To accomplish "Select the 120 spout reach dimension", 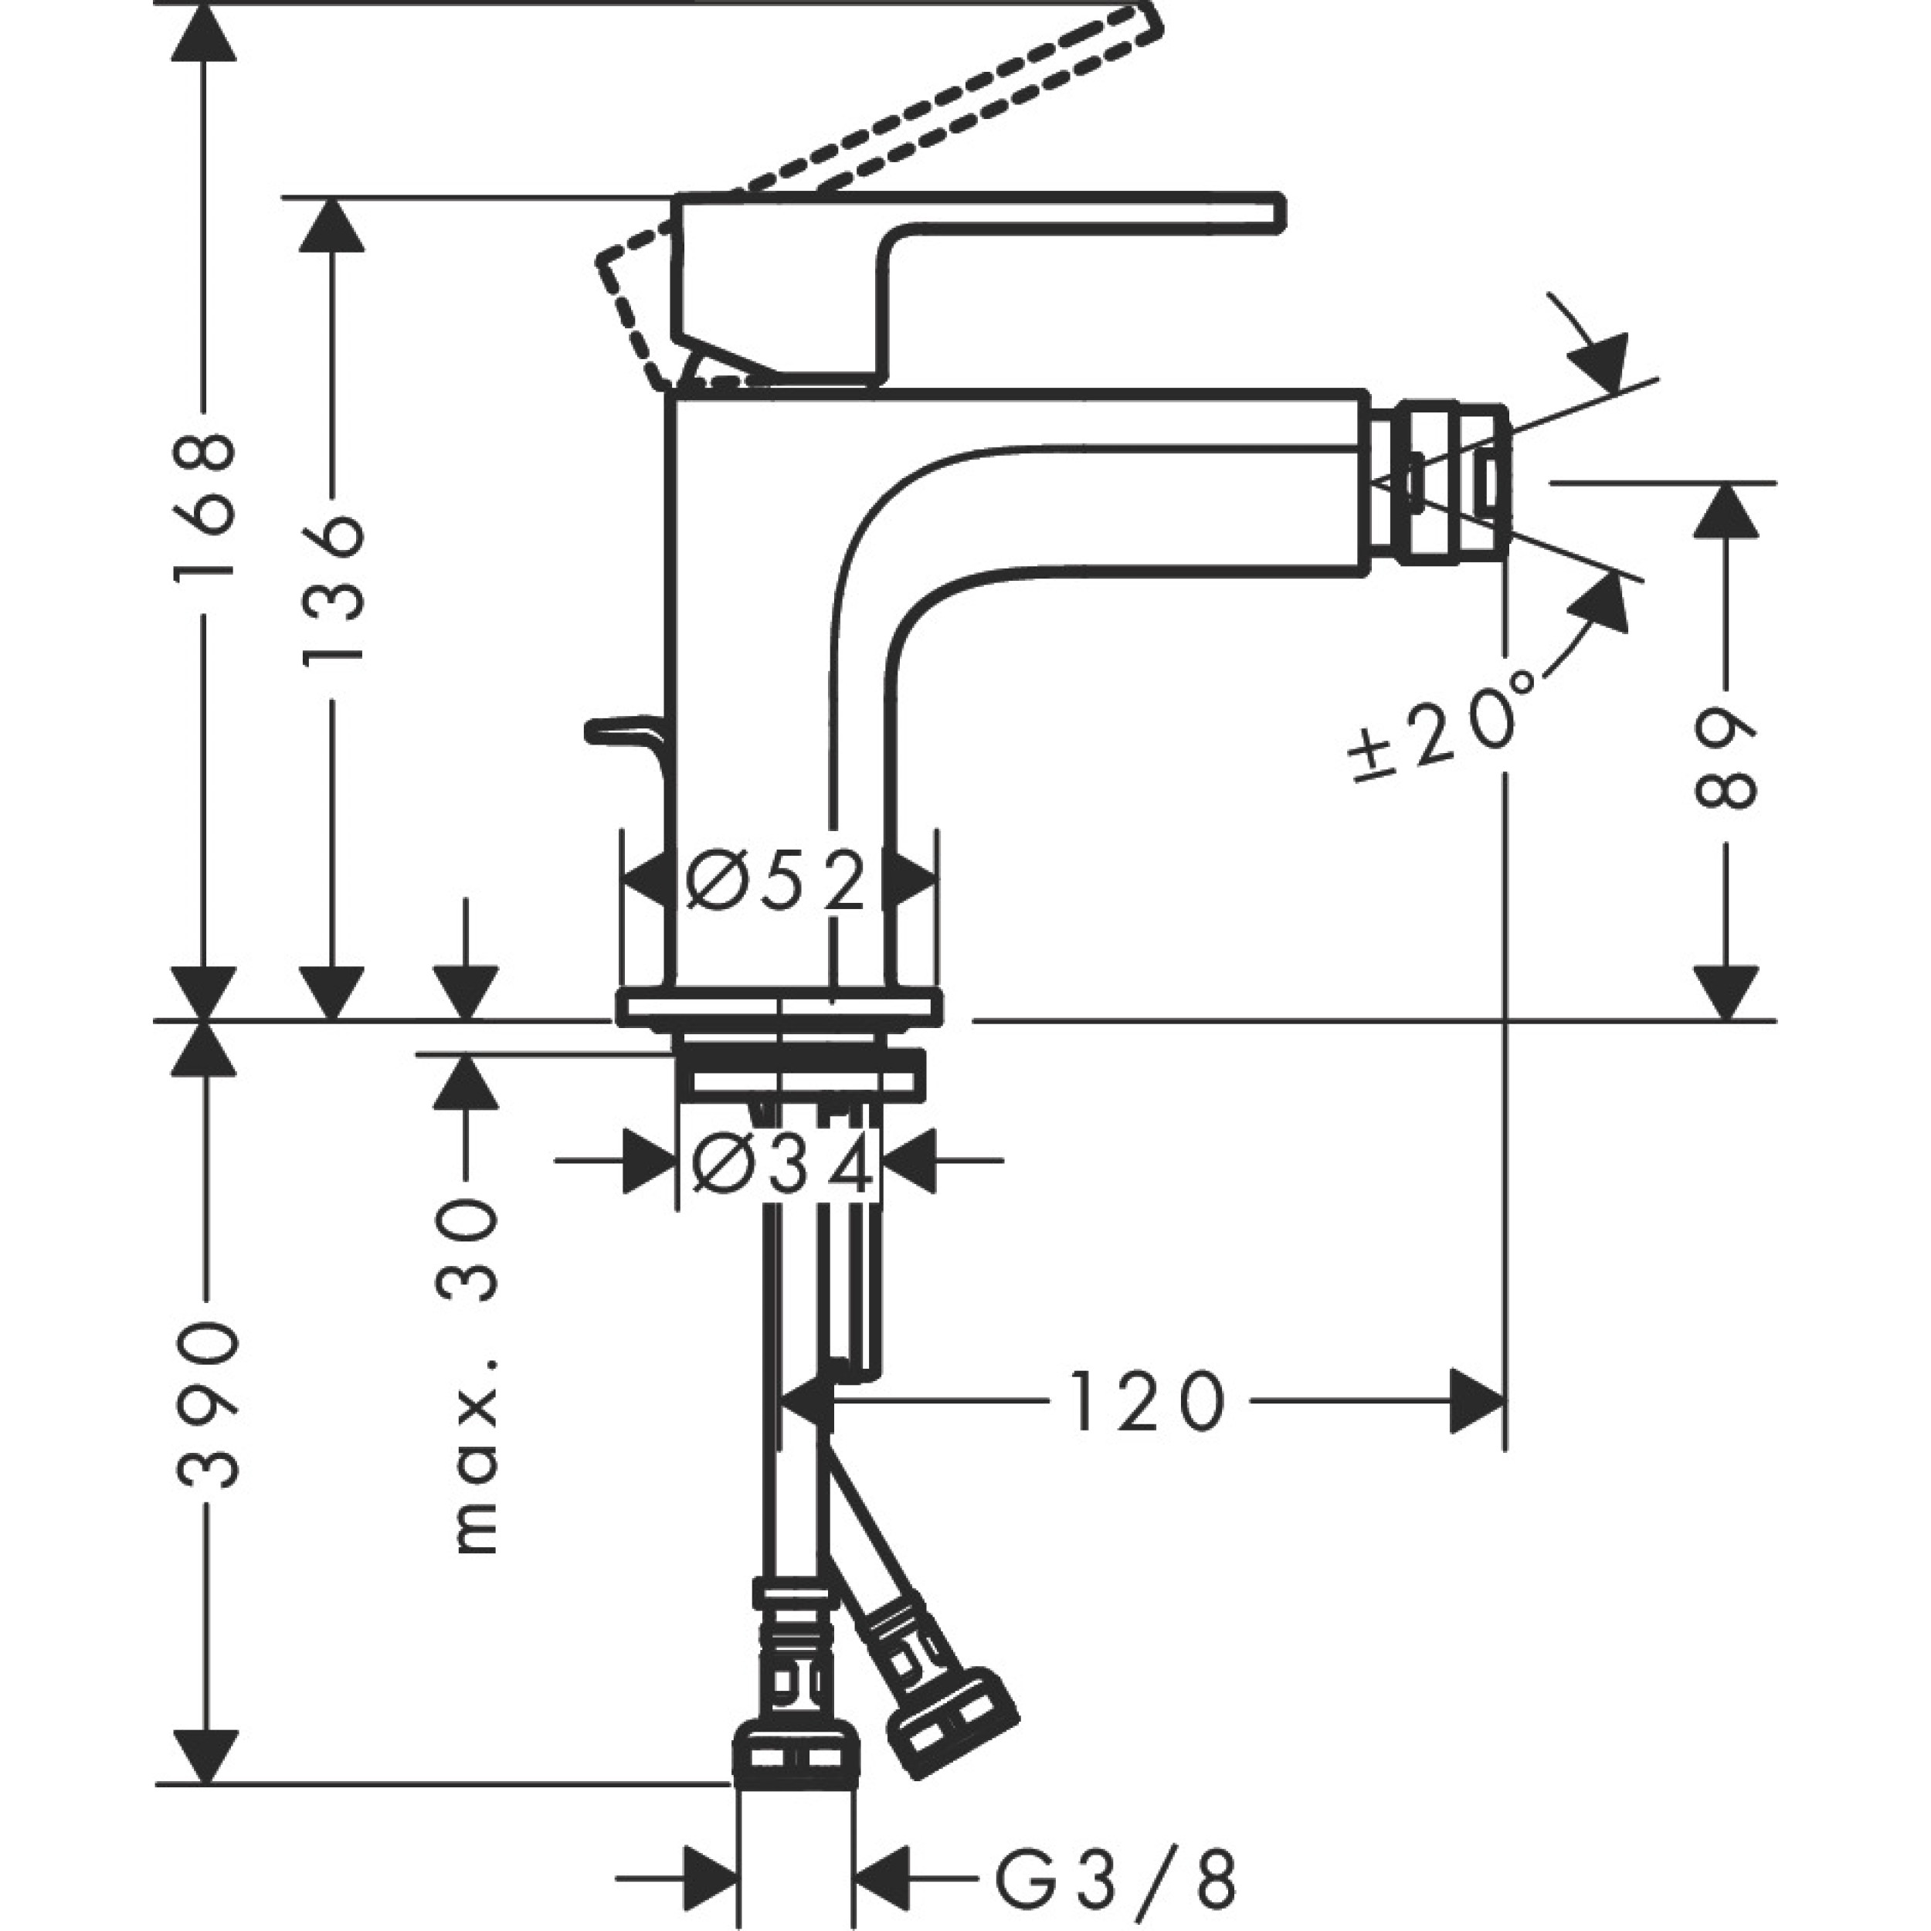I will (1148, 1401).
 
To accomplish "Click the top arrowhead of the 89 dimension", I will (1726, 510).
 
